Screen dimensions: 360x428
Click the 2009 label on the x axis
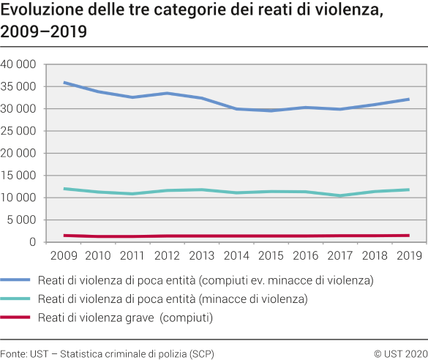(x=64, y=255)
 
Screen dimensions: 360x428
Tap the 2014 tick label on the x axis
(x=236, y=255)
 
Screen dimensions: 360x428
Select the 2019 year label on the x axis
(x=408, y=255)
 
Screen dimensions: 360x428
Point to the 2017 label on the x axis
(x=339, y=255)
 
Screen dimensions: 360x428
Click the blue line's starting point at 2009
(x=64, y=83)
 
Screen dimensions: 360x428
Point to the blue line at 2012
(x=168, y=93)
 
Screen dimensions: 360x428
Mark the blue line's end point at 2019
(x=408, y=99)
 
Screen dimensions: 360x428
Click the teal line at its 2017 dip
(x=339, y=195)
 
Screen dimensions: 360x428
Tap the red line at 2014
(x=236, y=236)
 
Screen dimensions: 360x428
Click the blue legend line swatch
(x=26, y=280)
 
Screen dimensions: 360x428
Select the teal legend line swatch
(x=26, y=299)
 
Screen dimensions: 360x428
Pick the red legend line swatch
(x=26, y=318)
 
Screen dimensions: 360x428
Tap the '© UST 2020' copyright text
(x=400, y=353)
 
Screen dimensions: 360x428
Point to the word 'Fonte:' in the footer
(x=14, y=353)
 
